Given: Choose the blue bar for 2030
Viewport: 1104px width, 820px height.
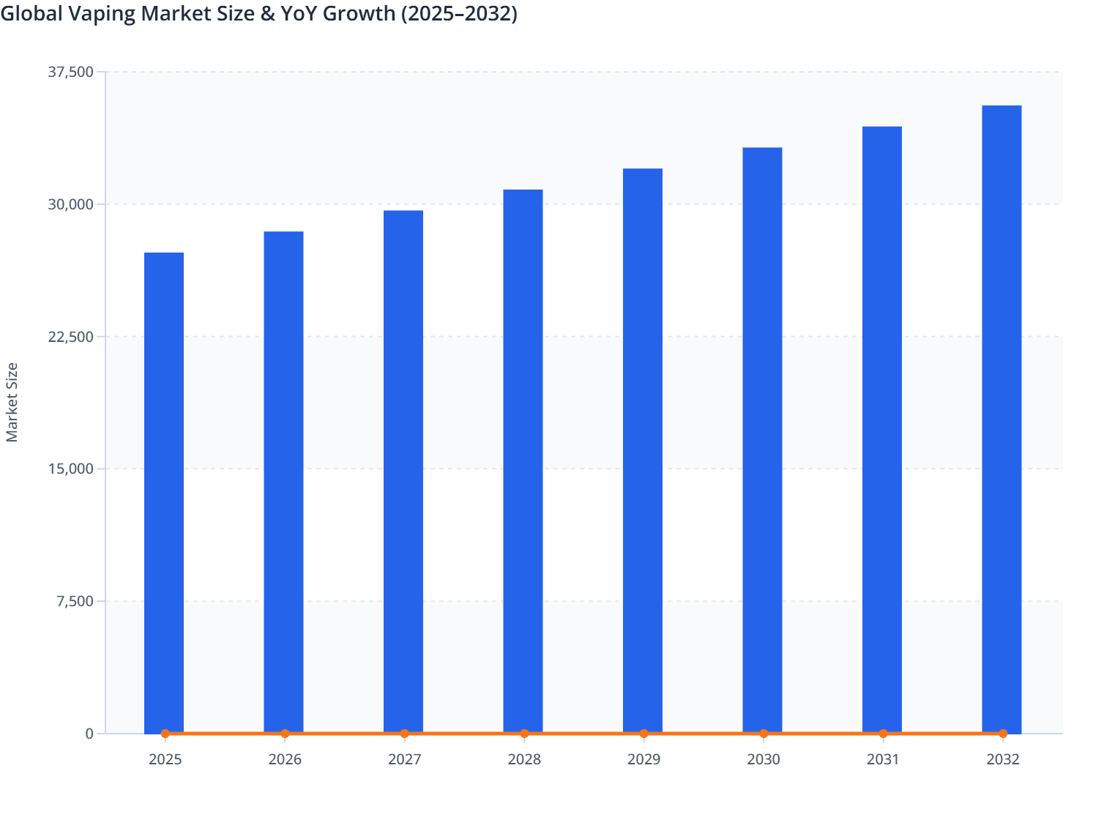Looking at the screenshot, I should click(x=762, y=440).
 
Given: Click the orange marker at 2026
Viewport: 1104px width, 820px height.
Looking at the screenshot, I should click(x=285, y=733).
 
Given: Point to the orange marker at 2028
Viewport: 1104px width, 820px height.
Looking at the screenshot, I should click(x=524, y=733).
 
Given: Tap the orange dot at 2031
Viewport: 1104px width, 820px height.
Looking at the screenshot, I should click(x=883, y=733).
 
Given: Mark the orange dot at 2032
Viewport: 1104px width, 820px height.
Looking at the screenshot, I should click(x=1003, y=733).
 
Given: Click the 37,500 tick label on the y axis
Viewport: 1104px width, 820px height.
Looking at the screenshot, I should click(x=71, y=72).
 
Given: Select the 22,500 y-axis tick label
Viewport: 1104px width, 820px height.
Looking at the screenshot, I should click(x=71, y=337).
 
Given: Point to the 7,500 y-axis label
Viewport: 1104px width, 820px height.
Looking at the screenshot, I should click(x=75, y=601).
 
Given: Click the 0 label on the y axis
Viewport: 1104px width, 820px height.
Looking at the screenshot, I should click(x=89, y=734).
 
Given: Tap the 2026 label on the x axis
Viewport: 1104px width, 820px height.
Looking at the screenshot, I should click(x=285, y=759).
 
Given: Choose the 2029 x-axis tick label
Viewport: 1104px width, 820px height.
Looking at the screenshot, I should click(x=644, y=759).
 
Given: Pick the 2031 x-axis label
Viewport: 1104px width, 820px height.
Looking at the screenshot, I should click(x=883, y=759).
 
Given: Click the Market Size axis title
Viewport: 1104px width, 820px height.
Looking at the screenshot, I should click(x=12, y=403).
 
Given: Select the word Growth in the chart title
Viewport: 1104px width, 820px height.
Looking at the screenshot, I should click(x=359, y=13).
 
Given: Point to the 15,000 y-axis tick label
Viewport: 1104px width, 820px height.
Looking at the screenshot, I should click(x=71, y=469).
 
